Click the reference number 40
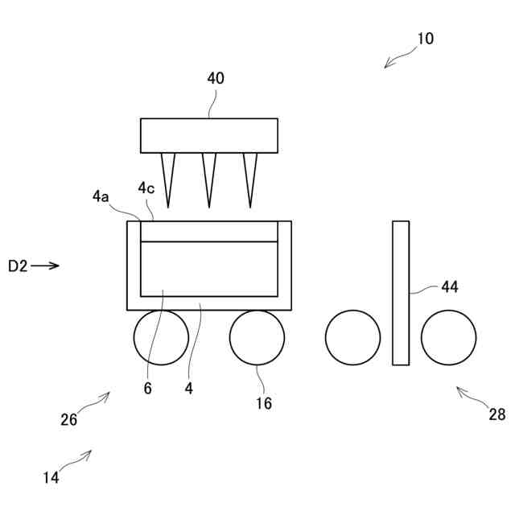215,79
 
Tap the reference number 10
425,39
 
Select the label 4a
101,196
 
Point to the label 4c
146,188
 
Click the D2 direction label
18,266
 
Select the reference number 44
450,287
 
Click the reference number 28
497,414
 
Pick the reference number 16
264,403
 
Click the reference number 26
68,419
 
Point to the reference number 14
51,477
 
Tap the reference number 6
147,388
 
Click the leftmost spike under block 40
168,177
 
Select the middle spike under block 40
209,177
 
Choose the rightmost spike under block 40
250,177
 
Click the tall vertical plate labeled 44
400,293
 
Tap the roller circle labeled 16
257,337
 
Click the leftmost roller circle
161,337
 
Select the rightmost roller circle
448,337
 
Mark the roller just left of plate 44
352,337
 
